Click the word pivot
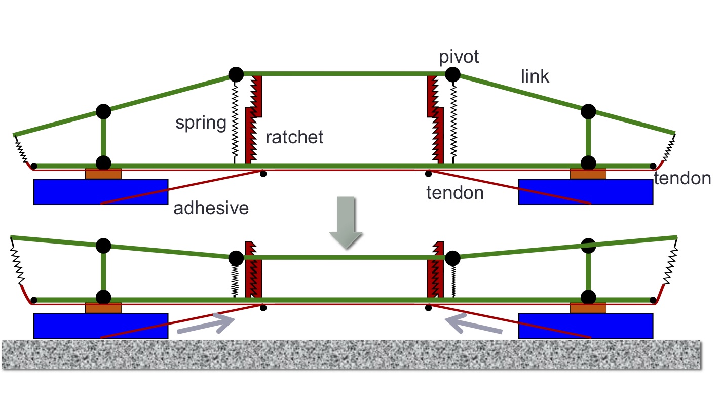tap(460, 57)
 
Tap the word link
tap(535, 76)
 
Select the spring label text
tap(201, 124)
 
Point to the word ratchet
tap(294, 137)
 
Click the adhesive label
tap(211, 208)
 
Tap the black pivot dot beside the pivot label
tap(452, 74)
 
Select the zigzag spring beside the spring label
tap(236, 121)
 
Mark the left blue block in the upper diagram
tap(101, 191)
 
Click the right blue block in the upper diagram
tap(585, 191)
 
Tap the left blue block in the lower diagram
tap(101, 326)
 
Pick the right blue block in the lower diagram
tap(585, 326)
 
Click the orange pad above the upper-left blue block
tap(103, 174)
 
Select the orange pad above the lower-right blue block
tap(588, 308)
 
